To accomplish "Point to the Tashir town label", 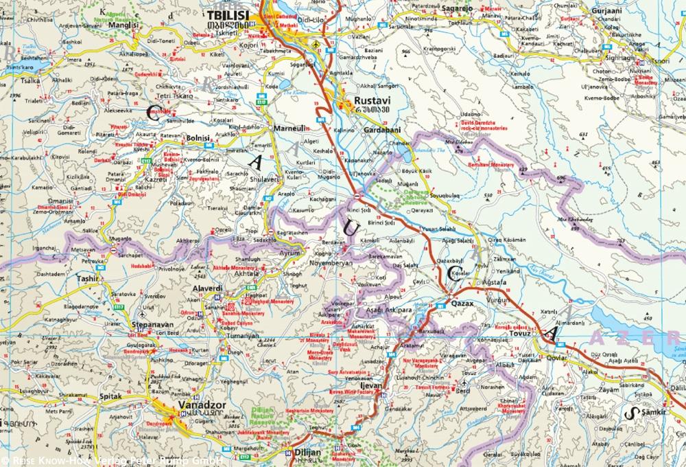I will click(x=88, y=279).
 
